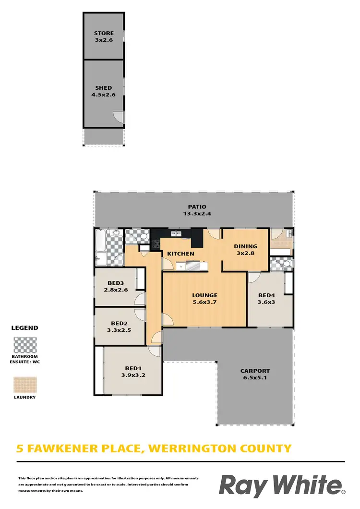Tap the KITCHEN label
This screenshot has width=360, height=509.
180,254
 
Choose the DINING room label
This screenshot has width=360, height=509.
245,246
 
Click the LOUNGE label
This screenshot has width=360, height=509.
205,295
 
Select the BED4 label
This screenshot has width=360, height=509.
266,295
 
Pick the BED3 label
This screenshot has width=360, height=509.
115,283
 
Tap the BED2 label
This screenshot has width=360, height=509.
119,323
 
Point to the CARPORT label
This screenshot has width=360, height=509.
255,371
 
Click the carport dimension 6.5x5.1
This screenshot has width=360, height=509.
255,378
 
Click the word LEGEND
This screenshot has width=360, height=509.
24,328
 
